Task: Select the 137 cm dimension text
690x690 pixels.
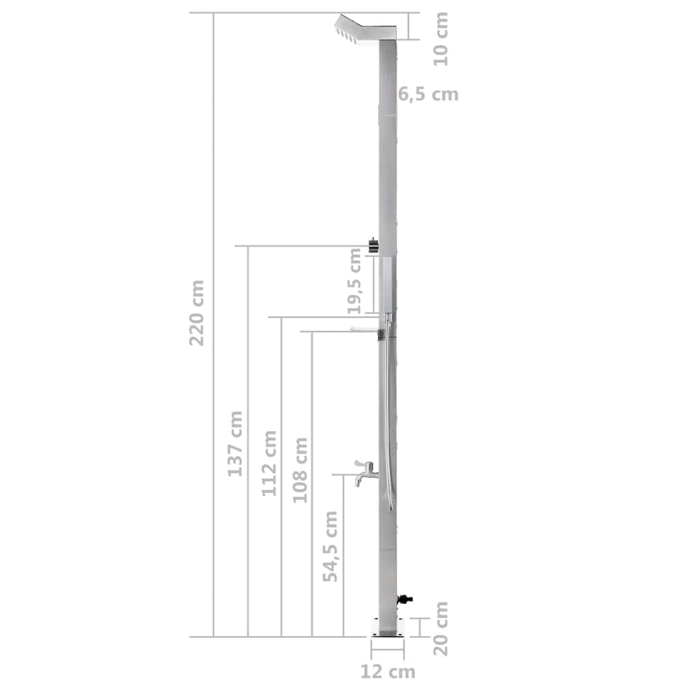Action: tap(234, 443)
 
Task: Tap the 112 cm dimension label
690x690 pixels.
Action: tap(270, 463)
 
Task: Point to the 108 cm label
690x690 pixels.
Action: tap(301, 470)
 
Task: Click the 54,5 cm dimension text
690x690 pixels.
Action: tap(330, 546)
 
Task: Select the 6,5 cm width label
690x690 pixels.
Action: tap(428, 94)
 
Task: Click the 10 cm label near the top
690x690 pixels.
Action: tap(441, 38)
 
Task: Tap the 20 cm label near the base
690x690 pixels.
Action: tap(440, 629)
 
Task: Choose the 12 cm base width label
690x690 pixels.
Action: tap(387, 671)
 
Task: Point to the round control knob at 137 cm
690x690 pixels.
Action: tap(373, 247)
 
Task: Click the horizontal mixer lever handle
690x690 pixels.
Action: tap(365, 329)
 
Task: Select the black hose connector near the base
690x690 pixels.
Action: tap(405, 598)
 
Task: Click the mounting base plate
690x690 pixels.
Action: tap(387, 626)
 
